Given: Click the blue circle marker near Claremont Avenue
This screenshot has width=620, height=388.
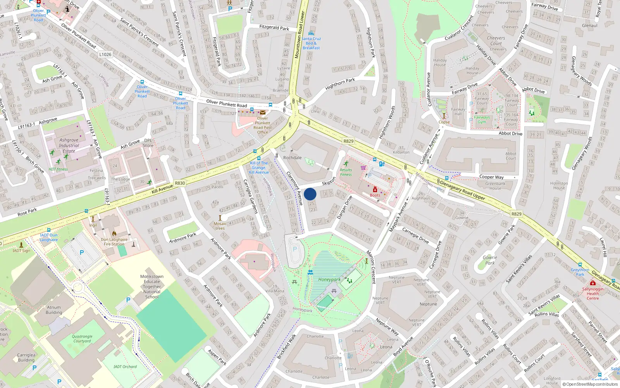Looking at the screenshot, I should pos(310,194).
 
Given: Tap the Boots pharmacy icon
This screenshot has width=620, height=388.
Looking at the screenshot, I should pos(375,190).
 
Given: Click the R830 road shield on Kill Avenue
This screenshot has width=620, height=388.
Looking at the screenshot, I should pos(180,183).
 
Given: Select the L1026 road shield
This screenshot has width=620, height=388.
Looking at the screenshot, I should pos(105,54).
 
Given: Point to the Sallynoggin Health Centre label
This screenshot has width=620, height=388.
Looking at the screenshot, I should pos(592,294).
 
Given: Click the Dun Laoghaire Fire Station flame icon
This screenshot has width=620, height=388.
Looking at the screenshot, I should pos(114,234).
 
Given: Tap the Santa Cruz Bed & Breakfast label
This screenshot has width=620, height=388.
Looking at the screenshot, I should pos(311,43).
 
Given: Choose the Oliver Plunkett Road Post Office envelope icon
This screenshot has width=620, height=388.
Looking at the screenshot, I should pos(263,113).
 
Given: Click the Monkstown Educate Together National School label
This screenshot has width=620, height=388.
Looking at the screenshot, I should pos(152,287).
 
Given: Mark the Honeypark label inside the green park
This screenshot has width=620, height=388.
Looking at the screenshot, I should pos(329,279).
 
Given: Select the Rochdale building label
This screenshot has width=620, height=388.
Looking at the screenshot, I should pos(292,158).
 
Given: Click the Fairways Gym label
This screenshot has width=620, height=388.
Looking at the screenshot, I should pos(482,120).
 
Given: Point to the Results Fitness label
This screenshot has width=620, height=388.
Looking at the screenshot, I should pos(346,172).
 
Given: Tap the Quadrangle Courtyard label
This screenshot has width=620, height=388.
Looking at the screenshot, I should pos(82,339).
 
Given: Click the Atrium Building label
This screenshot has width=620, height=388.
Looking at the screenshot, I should pos(54,310).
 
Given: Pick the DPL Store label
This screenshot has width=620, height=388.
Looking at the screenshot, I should pos(148,143).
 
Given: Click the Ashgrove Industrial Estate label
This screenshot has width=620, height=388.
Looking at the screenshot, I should pos(69,145).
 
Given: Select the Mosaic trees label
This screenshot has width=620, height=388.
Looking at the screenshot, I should pos(220,226).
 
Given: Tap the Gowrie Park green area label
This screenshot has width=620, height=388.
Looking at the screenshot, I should pos(490,260).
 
